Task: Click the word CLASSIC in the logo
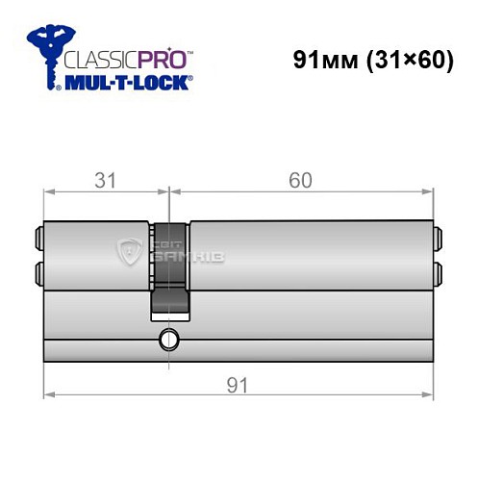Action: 97,57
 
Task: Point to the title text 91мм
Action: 322,59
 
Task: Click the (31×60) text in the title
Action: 397,59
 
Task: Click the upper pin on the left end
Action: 38,235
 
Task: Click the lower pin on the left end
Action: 38,270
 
